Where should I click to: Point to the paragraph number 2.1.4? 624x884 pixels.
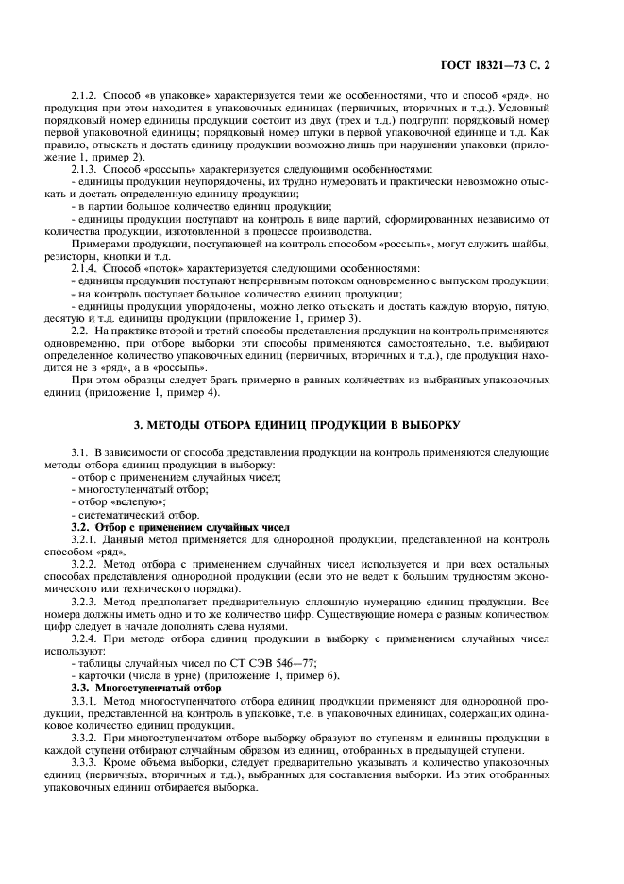click(x=87, y=269)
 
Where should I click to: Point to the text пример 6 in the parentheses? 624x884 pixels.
click(x=285, y=676)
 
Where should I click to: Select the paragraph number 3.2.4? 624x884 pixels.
click(x=87, y=638)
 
